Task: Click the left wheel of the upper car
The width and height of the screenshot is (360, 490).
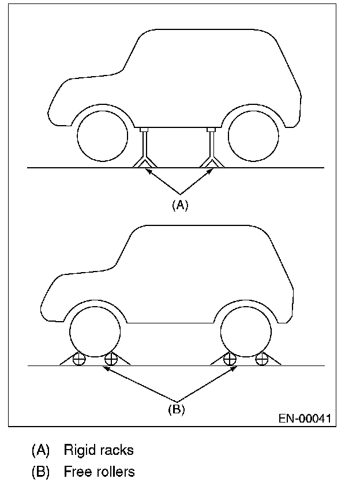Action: pyautogui.click(x=102, y=135)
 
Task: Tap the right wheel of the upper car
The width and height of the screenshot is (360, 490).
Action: pyautogui.click(x=254, y=135)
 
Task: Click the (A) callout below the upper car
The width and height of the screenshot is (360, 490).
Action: pyautogui.click(x=180, y=205)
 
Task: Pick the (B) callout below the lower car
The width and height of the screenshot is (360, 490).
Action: pyautogui.click(x=177, y=410)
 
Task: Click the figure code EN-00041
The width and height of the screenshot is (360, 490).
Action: pyautogui.click(x=304, y=417)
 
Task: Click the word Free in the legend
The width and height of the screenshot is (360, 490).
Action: pyautogui.click(x=76, y=472)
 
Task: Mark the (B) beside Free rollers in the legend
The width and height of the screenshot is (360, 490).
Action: pyautogui.click(x=41, y=472)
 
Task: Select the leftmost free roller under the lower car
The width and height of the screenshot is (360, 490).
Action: pyautogui.click(x=80, y=359)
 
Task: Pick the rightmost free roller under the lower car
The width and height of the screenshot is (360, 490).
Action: pyautogui.click(x=262, y=359)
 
